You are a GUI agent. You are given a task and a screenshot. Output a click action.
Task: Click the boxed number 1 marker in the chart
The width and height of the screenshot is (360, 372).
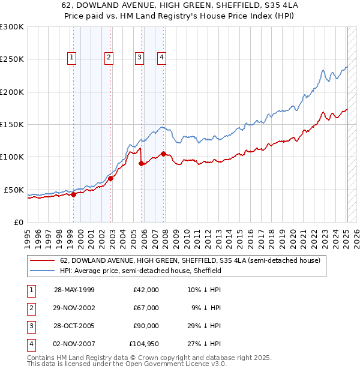pos(71,58)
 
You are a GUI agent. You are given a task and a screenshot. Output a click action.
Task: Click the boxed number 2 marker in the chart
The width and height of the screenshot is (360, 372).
pos(109,58)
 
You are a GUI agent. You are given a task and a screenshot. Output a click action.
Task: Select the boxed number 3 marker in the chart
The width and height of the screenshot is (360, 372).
pos(139,58)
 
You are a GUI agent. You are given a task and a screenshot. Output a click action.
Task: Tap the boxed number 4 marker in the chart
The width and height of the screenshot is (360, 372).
pos(162,58)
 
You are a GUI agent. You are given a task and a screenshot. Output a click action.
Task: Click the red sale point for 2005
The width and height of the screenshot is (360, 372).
pos(142,163)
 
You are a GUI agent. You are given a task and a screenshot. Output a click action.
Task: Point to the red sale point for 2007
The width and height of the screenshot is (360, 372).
pos(163,154)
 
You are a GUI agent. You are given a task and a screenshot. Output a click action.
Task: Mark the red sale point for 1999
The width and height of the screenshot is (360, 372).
pos(73,194)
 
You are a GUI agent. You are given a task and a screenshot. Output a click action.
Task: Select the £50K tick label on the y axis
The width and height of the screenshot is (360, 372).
pos(14,190)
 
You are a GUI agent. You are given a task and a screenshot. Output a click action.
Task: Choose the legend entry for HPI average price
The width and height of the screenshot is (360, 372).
pos(140,271)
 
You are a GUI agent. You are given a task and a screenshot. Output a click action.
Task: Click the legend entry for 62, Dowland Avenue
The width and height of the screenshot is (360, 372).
pos(190,260)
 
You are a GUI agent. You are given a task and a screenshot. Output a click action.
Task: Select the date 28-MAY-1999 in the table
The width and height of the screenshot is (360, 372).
pos(74,289)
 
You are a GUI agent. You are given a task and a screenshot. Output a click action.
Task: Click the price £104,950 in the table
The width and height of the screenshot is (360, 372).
pos(144,344)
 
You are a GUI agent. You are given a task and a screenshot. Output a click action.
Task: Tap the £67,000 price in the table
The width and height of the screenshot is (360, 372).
pos(146,307)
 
